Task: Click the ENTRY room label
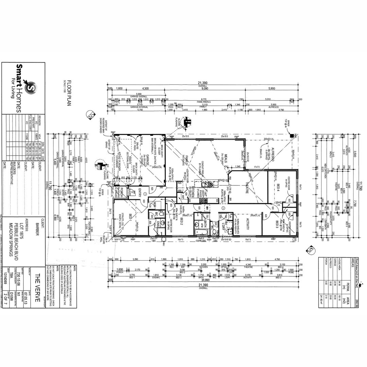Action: tap(139, 193)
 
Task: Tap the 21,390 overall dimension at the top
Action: tap(203, 83)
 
